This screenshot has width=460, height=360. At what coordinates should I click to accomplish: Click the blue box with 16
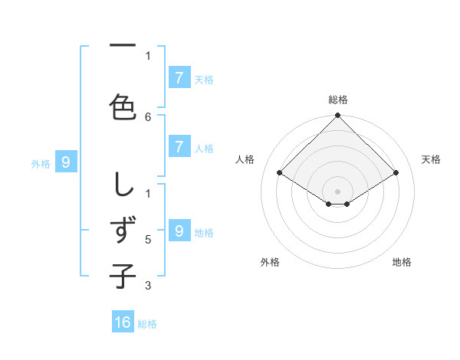(123, 322)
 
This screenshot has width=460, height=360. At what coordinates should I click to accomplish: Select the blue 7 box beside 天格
(179, 78)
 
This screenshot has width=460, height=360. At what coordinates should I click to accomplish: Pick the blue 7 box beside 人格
(179, 147)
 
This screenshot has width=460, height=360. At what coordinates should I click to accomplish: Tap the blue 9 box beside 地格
(179, 231)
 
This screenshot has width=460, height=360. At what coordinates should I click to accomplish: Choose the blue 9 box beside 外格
(66, 162)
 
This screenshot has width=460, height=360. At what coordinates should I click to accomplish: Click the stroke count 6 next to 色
(148, 116)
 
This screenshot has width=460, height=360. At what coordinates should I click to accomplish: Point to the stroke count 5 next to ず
(148, 240)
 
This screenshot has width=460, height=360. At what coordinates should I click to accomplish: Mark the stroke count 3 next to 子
(148, 286)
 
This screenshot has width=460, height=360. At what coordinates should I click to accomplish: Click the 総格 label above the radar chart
(338, 100)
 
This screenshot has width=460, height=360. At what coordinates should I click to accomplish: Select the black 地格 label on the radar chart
(402, 262)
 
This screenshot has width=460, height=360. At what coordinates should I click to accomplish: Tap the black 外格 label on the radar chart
(270, 262)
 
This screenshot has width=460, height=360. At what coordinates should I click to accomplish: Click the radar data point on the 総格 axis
(337, 116)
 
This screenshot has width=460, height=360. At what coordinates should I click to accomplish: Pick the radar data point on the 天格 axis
(396, 173)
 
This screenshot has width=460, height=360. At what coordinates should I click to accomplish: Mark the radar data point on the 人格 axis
(280, 173)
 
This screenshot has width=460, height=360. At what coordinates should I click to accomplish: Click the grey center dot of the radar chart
(337, 191)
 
